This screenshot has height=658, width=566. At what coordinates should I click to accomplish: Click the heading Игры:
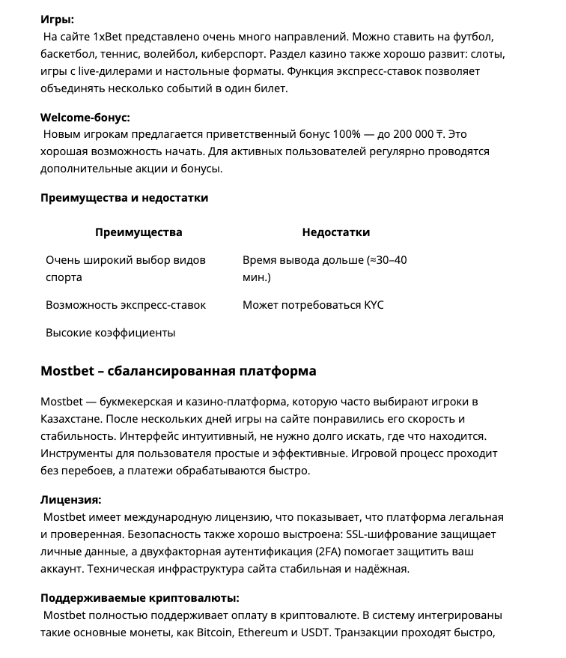click(57, 19)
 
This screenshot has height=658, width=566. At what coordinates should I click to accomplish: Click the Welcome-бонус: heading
click(85, 117)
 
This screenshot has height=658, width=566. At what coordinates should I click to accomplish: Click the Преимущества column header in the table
click(139, 232)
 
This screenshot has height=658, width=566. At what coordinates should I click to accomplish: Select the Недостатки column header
click(335, 232)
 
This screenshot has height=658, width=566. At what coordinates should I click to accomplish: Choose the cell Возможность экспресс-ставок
click(126, 305)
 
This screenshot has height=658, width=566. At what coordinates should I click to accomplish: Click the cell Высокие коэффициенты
click(110, 332)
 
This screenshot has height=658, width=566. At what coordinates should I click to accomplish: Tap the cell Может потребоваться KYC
click(313, 305)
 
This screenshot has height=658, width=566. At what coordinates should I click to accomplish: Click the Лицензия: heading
click(70, 500)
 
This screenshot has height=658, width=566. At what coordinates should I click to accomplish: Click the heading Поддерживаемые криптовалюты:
click(139, 598)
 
